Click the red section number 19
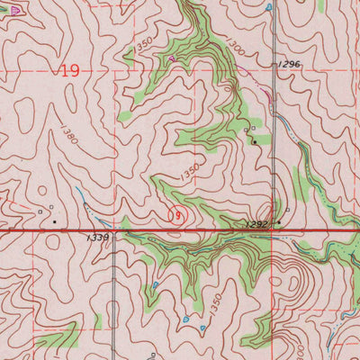click(70, 70)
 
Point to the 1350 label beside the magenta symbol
click(144, 43)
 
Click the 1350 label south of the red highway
click(214, 306)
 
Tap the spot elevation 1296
click(289, 64)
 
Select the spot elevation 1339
click(99, 237)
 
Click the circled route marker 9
click(178, 214)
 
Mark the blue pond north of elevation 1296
click(269, 8)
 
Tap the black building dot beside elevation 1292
click(280, 222)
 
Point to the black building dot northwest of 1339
click(55, 220)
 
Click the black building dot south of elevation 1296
click(255, 142)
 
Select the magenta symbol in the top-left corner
click(11, 8)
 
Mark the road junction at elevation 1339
click(114, 231)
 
